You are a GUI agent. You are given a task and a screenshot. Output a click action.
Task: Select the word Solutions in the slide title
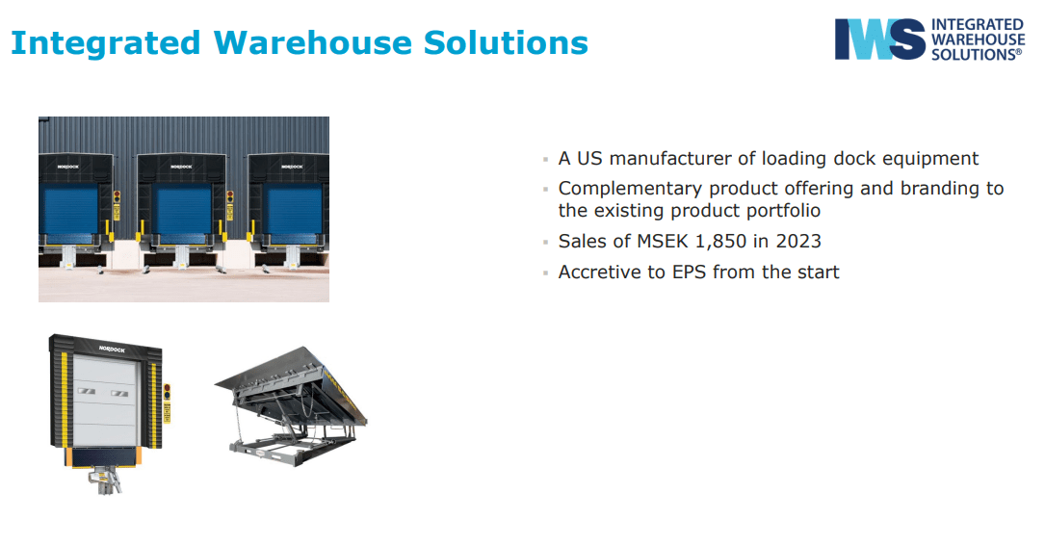[x=506, y=42]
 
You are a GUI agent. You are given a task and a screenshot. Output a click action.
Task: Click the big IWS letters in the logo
[x=879, y=39]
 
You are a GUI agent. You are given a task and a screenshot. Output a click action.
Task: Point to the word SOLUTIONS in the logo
[x=977, y=55]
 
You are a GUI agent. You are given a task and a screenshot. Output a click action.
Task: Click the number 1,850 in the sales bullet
[x=720, y=241]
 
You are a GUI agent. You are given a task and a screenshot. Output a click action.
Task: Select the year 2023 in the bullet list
[x=798, y=241]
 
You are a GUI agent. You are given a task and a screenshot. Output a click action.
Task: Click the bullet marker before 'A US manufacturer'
[x=545, y=160]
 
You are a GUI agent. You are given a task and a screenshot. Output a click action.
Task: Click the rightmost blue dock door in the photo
[x=292, y=209]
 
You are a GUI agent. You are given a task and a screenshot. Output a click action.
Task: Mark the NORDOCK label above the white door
[x=112, y=350]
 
